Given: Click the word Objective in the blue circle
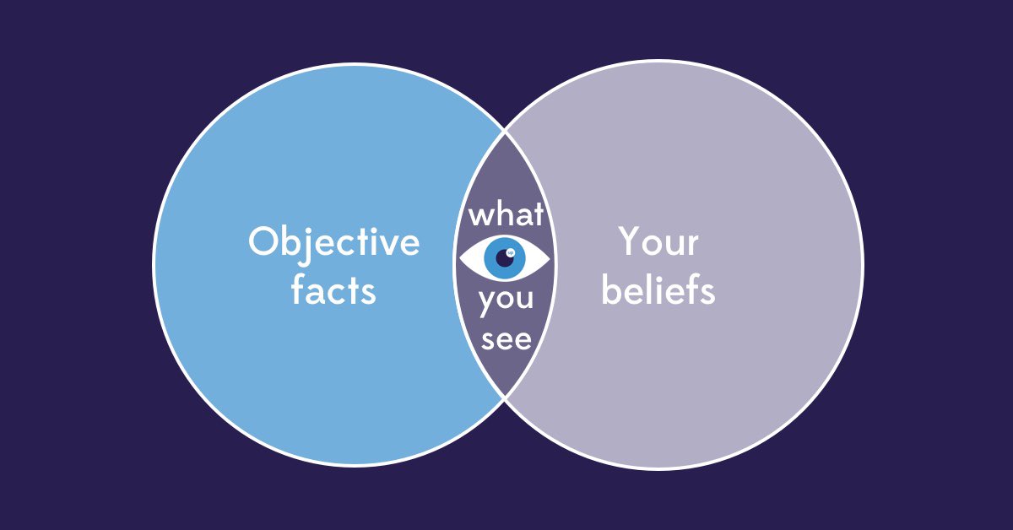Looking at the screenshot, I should [333, 243].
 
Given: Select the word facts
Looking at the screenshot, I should [333, 290].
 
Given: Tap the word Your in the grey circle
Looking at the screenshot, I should [658, 243].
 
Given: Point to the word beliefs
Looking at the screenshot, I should [658, 290].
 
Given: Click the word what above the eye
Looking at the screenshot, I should [506, 214].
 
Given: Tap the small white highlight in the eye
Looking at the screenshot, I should [511, 251].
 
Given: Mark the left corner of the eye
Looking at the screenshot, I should [458, 257].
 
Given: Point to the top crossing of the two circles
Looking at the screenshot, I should [506, 131].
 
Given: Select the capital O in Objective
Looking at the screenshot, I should [263, 243].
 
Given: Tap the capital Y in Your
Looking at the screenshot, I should [628, 242].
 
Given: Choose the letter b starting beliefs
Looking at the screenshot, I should [611, 290].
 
